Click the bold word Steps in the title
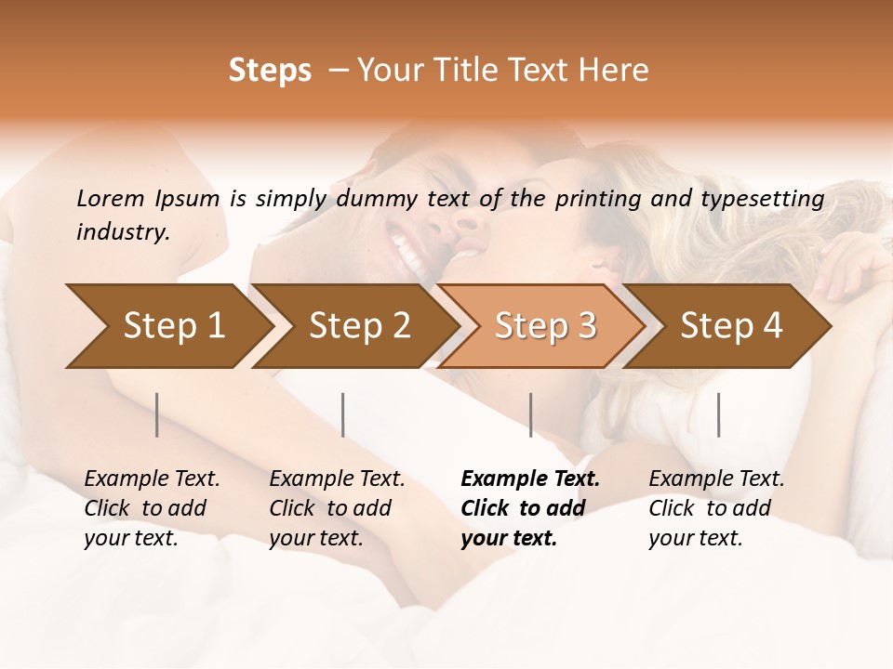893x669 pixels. click(270, 71)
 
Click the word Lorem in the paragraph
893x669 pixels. click(110, 198)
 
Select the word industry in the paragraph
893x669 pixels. click(123, 231)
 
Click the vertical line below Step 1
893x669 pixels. click(157, 414)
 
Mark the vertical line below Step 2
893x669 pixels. click(343, 414)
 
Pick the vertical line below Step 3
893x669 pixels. click(530, 414)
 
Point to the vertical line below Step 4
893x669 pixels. click(718, 414)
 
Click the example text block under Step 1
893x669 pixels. click(151, 508)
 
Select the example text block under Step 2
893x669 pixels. click(337, 508)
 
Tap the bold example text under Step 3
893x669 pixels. click(528, 508)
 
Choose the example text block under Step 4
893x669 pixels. click(715, 508)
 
